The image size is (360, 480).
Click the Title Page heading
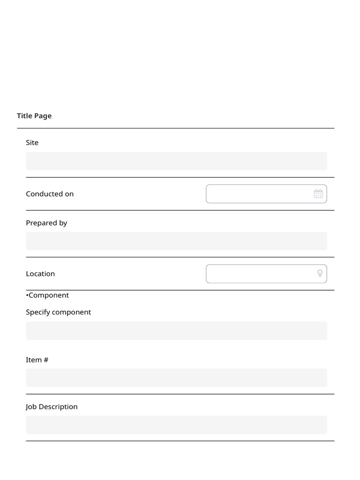point(34,116)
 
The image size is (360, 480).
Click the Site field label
point(32,142)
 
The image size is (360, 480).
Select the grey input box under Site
point(176,161)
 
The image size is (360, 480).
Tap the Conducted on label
point(50,194)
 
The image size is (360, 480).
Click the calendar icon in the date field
point(318,194)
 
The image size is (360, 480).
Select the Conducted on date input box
point(258,194)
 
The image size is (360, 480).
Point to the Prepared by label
point(46,223)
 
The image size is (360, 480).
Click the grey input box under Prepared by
point(176,241)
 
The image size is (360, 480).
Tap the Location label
point(40,274)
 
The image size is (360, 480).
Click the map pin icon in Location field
point(320,274)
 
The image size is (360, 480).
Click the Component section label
point(48,295)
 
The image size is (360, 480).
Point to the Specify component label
point(59,312)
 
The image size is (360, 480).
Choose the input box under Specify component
point(176,331)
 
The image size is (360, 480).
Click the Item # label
point(37,360)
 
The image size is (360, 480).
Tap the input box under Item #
point(176,378)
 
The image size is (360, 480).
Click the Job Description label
point(52,407)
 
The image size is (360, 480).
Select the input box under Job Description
point(176,425)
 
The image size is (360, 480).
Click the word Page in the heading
point(43,116)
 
